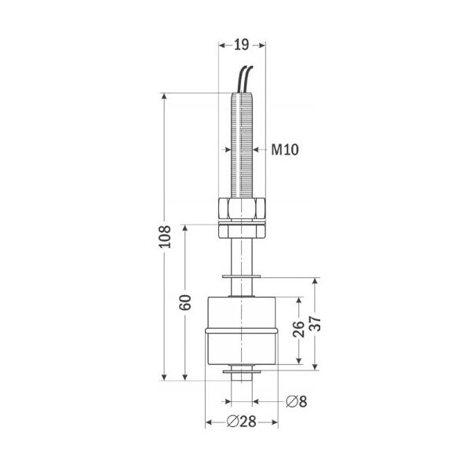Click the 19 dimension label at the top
click(x=242, y=45)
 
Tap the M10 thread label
click(x=285, y=149)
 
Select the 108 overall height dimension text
click(x=165, y=237)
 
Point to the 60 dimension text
click(x=185, y=302)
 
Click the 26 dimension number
click(x=298, y=329)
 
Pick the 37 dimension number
click(x=315, y=323)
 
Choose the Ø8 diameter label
click(x=296, y=401)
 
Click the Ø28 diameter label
click(x=241, y=422)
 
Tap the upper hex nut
click(x=242, y=209)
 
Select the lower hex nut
click(x=242, y=232)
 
